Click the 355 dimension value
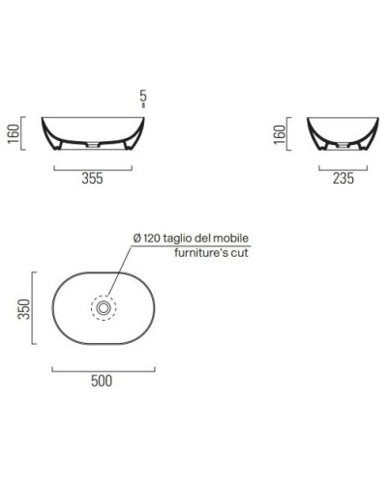[x=93, y=178]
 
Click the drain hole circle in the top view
[x=102, y=308]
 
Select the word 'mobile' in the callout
[x=242, y=237]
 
